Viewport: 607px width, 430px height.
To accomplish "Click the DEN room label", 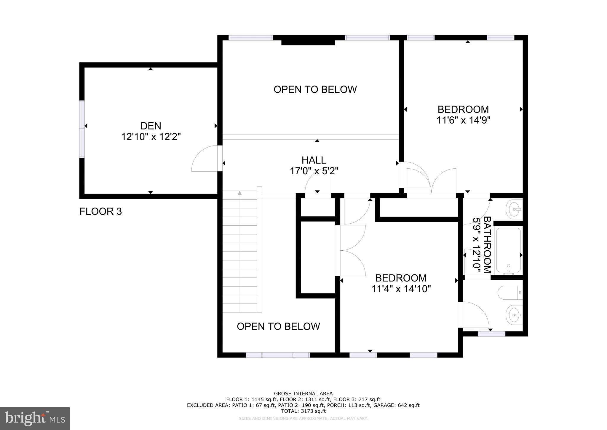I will [x=151, y=126].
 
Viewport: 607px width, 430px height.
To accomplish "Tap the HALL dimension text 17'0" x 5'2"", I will [x=314, y=171].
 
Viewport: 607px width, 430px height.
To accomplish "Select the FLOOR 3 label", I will [x=100, y=211].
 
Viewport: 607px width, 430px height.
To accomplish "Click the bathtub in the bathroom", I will [x=508, y=250].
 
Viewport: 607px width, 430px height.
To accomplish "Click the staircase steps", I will [x=239, y=252].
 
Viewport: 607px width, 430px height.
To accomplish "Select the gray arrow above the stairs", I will [x=239, y=193].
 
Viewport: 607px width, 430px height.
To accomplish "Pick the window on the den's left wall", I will [x=82, y=129].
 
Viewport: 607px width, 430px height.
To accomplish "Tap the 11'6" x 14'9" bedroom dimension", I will [x=463, y=120].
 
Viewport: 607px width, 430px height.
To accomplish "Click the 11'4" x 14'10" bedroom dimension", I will [x=401, y=289].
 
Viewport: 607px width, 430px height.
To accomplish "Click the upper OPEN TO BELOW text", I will [x=315, y=89].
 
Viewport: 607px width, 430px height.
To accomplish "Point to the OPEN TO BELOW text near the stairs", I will [x=278, y=326].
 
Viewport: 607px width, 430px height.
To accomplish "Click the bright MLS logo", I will [x=35, y=419].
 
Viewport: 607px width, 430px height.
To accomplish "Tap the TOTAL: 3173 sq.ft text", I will [x=303, y=411].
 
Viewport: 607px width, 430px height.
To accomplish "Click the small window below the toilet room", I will [x=491, y=334].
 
